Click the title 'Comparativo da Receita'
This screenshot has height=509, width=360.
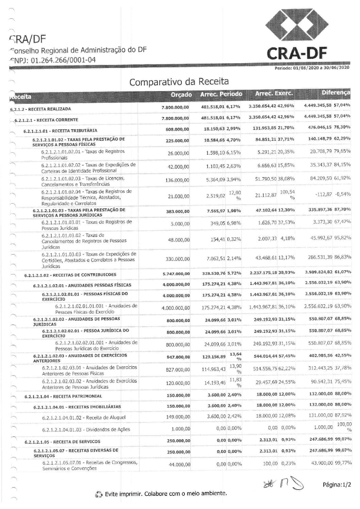(179, 82)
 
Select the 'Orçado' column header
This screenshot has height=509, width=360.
(181, 95)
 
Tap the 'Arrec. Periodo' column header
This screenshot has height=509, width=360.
(221, 94)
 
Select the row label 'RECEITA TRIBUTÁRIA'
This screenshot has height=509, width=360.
(61, 131)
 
